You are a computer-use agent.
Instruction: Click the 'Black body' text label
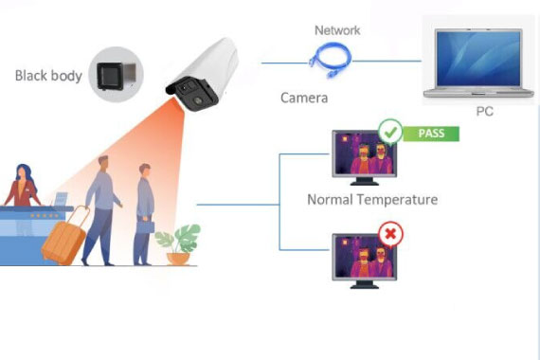click(x=48, y=76)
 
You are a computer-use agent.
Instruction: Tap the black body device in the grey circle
click(x=116, y=76)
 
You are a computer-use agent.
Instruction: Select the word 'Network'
click(x=337, y=30)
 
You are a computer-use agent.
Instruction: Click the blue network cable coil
click(x=331, y=60)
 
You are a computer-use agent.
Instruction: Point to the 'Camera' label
click(x=304, y=98)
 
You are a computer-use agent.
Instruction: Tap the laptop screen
click(x=478, y=58)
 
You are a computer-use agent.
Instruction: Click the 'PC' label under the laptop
click(x=484, y=111)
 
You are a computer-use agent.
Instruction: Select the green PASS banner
click(x=431, y=134)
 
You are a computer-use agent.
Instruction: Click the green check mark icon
click(x=390, y=132)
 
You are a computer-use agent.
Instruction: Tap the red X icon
click(x=390, y=234)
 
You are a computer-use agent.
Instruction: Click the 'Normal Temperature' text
click(x=372, y=200)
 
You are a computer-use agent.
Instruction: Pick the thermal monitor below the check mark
click(x=364, y=157)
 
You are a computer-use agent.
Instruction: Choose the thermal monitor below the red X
click(x=364, y=261)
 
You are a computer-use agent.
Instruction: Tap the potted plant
click(x=178, y=244)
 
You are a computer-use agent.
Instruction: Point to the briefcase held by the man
click(x=145, y=226)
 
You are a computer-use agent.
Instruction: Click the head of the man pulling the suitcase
click(x=103, y=164)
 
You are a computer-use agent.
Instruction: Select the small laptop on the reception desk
click(x=61, y=199)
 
